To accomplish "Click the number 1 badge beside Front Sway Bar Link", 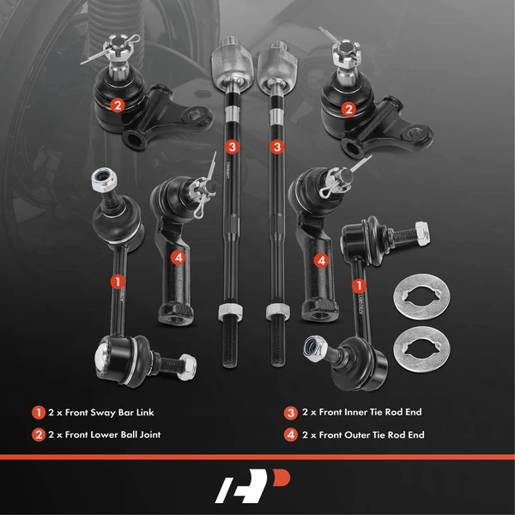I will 38,412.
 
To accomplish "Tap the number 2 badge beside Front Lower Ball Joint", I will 38,434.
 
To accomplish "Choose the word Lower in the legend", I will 109,434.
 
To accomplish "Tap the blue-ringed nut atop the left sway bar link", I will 101,180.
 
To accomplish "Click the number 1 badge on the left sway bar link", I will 117,280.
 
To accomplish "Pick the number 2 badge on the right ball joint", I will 348,109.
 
